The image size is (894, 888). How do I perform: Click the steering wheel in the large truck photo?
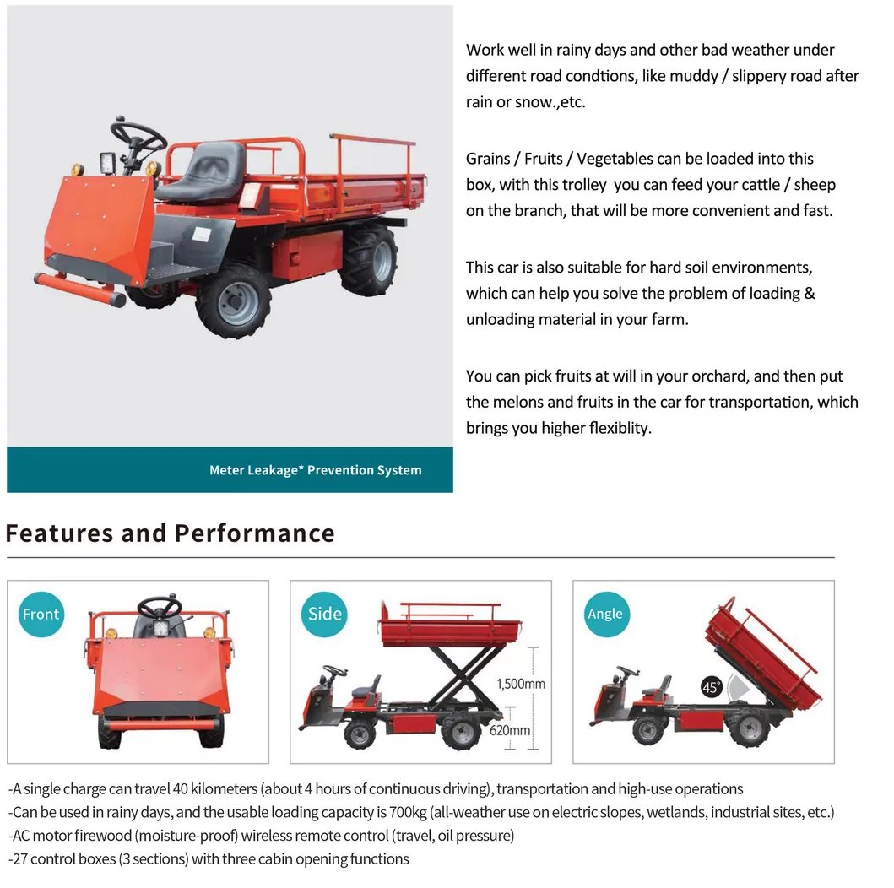(138, 135)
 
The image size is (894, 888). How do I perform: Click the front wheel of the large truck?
(234, 301)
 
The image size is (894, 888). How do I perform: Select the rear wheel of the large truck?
(371, 259)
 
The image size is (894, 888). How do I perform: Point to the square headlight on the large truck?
(108, 163)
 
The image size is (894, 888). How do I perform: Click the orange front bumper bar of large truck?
(80, 290)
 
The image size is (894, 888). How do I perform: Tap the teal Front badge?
(41, 614)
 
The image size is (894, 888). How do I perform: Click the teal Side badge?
(324, 614)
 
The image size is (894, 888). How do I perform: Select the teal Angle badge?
(607, 614)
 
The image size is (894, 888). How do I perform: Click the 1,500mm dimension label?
(521, 684)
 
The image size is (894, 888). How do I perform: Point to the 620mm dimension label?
(510, 730)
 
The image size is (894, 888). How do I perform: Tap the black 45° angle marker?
(711, 687)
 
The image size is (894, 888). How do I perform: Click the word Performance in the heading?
(255, 533)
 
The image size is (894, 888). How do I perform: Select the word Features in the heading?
(59, 533)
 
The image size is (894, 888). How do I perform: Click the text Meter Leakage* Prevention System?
(315, 470)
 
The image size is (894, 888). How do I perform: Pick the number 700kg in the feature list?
(408, 812)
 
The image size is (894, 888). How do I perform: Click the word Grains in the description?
(488, 159)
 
